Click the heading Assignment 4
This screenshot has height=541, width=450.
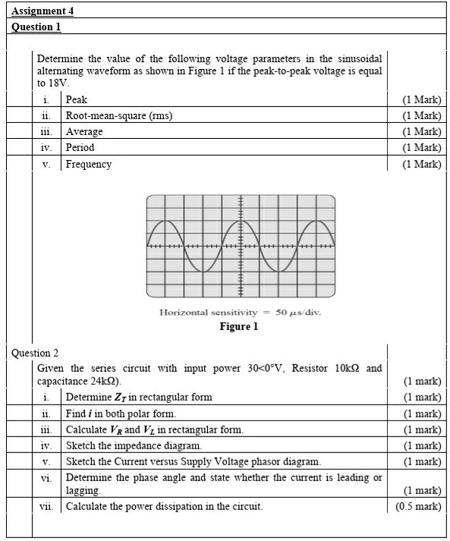point(42,11)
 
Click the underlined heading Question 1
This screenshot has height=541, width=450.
point(36,27)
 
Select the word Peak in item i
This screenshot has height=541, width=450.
point(77,99)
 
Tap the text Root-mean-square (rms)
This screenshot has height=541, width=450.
point(119,115)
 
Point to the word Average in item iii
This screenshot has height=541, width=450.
point(84,131)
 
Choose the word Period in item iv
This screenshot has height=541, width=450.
point(80,147)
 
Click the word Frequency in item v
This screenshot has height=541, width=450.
point(89,164)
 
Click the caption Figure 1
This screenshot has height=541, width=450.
point(238,326)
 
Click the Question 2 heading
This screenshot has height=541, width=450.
point(35,353)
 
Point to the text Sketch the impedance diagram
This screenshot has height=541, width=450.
point(134,445)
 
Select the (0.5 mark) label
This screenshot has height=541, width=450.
point(418,506)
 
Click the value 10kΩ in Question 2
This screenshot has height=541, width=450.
point(348,368)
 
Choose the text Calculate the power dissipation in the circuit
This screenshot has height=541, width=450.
point(164,506)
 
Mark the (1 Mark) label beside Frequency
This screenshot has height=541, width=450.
point(422,164)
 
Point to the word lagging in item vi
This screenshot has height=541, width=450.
point(83,490)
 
